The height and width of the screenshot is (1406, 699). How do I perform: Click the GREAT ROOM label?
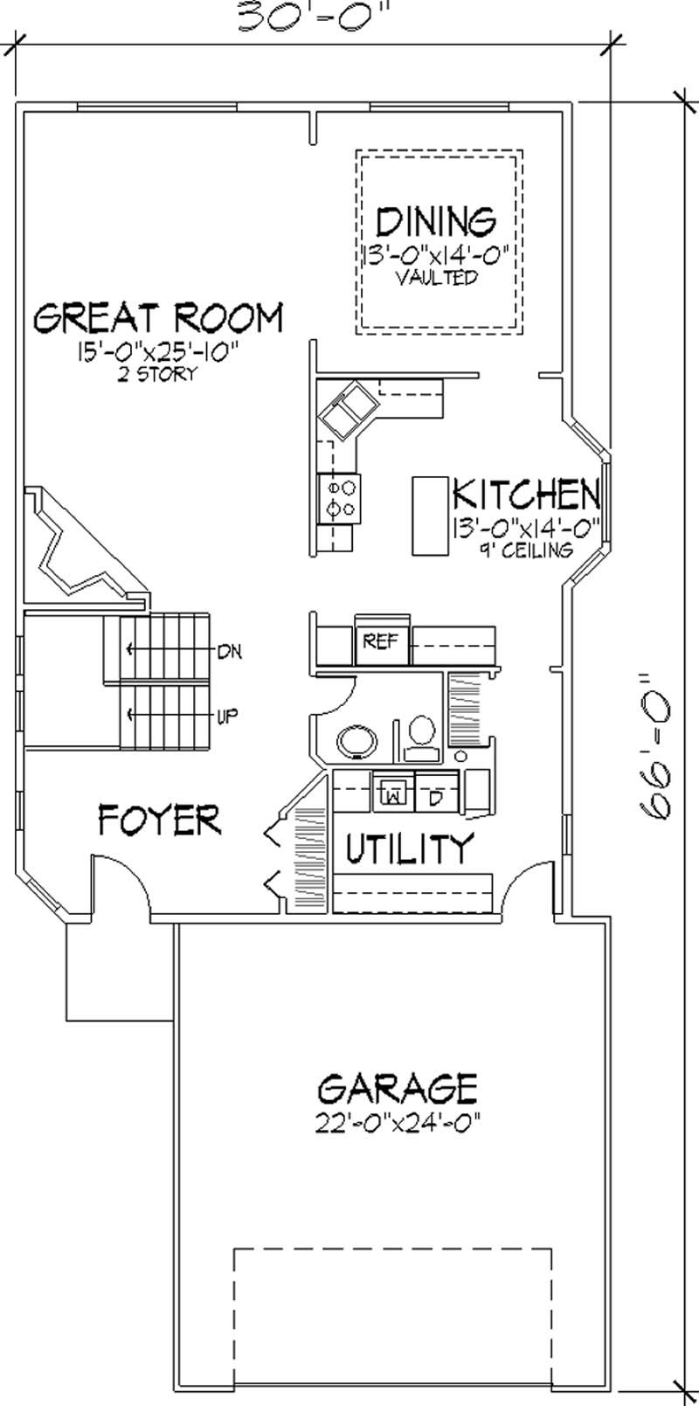pyautogui.click(x=158, y=318)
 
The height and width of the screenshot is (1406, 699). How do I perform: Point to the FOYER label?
pyautogui.click(x=159, y=821)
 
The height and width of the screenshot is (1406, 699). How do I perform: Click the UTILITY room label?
pyautogui.click(x=409, y=847)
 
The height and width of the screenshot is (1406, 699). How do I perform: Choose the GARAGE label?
pyautogui.click(x=398, y=1090)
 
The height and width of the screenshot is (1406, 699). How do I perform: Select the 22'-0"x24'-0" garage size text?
pyautogui.click(x=398, y=1121)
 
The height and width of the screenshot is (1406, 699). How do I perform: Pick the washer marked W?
pyautogui.click(x=393, y=796)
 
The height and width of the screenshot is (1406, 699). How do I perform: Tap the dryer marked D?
pyautogui.click(x=434, y=796)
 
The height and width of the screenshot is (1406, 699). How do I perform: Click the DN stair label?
pyautogui.click(x=229, y=650)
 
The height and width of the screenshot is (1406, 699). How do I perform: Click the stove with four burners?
pyautogui.click(x=340, y=498)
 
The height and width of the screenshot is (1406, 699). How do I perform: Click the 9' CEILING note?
pyautogui.click(x=525, y=550)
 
